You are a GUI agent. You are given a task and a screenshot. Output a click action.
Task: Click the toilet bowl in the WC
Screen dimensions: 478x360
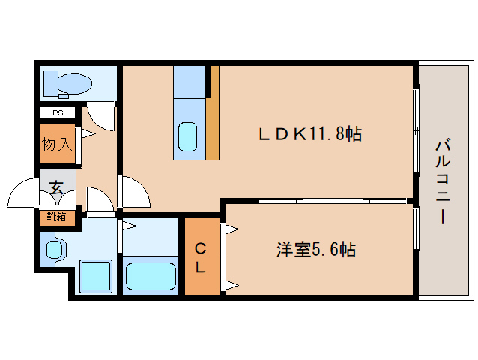(x=75, y=82)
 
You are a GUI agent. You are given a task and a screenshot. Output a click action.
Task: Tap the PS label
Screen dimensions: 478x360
(x=58, y=113)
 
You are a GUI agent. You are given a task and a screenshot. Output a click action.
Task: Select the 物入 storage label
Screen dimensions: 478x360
(x=57, y=144)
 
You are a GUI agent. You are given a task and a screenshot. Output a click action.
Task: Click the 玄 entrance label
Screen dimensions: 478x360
(x=56, y=188)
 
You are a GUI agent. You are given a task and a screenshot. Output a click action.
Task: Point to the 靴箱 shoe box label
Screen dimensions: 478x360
(x=56, y=217)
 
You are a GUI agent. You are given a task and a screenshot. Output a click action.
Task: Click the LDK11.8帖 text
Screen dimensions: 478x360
(x=310, y=134)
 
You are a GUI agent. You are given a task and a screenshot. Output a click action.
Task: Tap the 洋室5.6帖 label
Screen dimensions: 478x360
(x=316, y=250)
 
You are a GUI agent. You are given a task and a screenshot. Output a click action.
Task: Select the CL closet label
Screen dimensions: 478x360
(x=200, y=258)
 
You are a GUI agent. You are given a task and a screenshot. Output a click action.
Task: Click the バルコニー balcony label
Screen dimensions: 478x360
(x=443, y=181)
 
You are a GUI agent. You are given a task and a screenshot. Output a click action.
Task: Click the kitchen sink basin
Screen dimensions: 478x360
(x=187, y=136)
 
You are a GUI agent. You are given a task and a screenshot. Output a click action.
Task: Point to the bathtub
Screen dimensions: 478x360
(x=151, y=276)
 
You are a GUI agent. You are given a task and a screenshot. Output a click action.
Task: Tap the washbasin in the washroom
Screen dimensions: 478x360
(x=55, y=249)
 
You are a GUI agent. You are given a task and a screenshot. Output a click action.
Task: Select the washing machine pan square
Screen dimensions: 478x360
(x=96, y=276)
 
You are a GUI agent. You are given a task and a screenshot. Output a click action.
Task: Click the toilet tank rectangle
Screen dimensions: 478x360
(x=51, y=83)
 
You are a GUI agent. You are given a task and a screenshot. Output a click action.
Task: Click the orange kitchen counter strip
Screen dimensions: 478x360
(x=213, y=113)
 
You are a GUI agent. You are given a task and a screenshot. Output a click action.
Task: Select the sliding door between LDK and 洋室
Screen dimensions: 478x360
(x=333, y=201)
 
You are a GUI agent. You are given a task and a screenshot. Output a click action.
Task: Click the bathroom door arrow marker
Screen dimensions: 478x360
(x=130, y=226)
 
